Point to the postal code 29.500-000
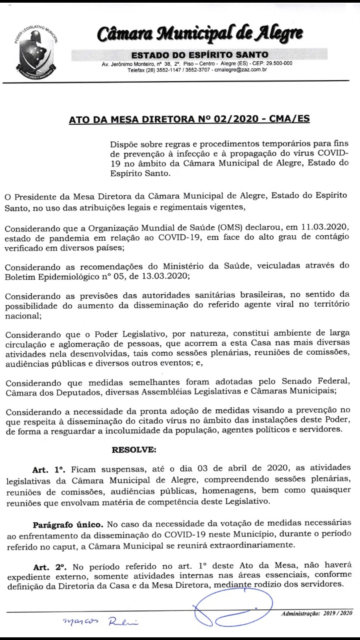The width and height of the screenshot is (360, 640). [279, 63]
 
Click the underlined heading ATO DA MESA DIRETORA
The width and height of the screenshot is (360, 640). [189, 119]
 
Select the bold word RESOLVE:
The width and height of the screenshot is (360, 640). [134, 450]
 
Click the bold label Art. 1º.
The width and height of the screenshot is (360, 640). [49, 470]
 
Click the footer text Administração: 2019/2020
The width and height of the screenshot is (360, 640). [317, 613]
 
